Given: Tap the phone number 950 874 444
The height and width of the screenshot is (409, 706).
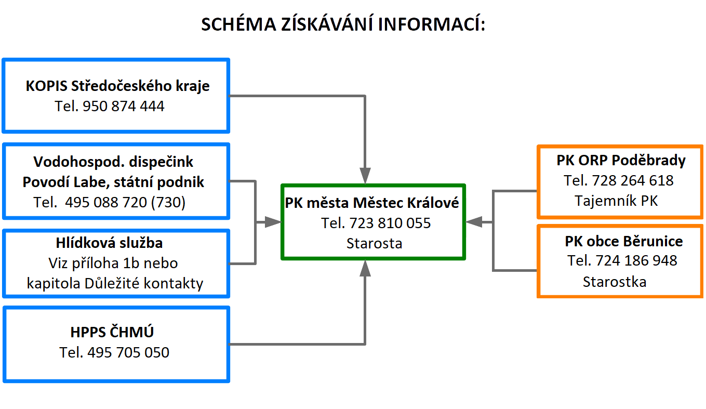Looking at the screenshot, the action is point(123,106).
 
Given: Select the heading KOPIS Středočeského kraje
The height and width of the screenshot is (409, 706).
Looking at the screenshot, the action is point(117,86).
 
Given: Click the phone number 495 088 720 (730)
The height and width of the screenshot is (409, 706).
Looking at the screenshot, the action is point(125,202).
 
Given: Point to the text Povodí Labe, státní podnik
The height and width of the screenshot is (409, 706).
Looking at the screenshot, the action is point(113,182).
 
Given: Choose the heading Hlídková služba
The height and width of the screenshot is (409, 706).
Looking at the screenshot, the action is point(110,243).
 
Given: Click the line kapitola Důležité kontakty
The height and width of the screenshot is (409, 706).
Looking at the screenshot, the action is point(115,283).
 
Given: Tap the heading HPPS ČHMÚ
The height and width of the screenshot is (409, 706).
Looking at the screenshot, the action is point(112,332).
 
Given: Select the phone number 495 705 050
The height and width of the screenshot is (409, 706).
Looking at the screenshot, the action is point(128,352).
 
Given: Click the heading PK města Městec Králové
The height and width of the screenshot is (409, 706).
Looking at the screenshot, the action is point(372,203).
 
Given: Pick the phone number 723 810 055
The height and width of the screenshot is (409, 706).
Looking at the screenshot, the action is point(390,223).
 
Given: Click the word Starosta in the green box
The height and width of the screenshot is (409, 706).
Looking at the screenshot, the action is point(375,243).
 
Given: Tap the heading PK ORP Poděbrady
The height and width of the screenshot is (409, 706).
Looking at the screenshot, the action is point(621,160).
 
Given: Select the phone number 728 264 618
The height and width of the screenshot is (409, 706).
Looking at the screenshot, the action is point(633,181).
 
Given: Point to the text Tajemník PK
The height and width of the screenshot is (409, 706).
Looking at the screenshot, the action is point(616,201).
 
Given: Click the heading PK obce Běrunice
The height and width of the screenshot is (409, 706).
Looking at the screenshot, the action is point(624,241).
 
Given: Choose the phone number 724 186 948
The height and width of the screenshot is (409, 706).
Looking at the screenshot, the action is point(636,261).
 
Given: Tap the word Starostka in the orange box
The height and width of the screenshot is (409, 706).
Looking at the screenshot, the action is point(615,282).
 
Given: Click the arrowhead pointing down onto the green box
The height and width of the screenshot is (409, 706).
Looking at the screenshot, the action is point(365,176).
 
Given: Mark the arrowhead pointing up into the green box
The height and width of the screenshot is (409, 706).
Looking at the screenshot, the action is point(365,269).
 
